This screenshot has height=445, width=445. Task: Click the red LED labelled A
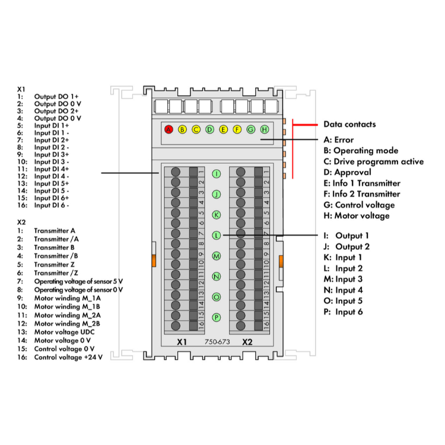tap(169, 129)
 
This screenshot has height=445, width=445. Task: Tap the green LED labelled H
tap(264, 129)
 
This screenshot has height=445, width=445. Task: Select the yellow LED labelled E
tap(223, 129)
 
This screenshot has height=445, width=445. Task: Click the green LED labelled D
tap(209, 129)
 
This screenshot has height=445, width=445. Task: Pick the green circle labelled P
tap(217, 317)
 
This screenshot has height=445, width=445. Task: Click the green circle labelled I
tap(217, 174)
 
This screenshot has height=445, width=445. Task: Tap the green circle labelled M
tap(217, 256)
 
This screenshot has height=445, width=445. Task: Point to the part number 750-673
tap(217, 342)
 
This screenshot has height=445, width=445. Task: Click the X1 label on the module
tap(182, 342)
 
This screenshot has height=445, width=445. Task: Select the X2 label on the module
tap(247, 342)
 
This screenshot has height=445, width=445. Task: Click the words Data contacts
tap(349, 125)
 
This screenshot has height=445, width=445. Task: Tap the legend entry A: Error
tap(338, 140)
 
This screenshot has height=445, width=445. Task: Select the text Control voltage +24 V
tap(68, 358)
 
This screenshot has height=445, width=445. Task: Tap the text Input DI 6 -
tap(52, 205)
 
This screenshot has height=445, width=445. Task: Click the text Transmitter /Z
tap(56, 272)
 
